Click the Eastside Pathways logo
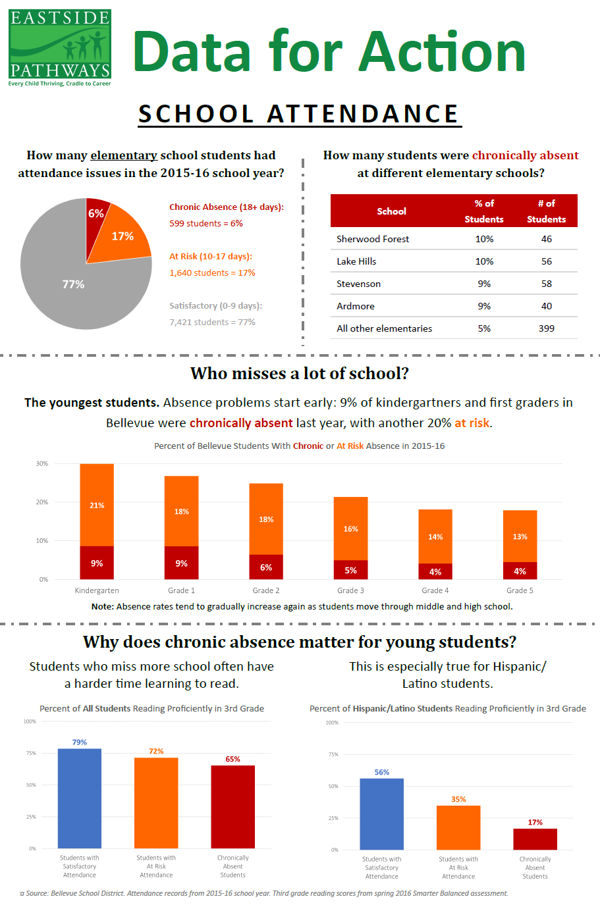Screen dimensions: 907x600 point(59,47)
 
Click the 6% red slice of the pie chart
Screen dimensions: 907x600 point(96,214)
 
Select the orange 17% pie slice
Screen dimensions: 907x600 point(122,236)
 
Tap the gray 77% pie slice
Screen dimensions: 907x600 point(73,284)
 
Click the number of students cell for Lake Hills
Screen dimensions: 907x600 point(546,261)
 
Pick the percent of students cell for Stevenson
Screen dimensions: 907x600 point(484,284)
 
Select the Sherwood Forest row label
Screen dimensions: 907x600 point(373,239)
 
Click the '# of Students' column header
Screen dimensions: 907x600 point(546,211)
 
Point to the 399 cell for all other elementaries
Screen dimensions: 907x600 point(546,328)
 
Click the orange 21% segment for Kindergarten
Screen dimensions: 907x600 point(97,505)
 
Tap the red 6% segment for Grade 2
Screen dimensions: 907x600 point(266,567)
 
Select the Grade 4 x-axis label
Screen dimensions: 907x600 point(435,590)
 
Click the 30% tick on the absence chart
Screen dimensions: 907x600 point(42,463)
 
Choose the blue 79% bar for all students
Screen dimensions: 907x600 point(80,798)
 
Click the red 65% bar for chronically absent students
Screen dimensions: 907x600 point(232,806)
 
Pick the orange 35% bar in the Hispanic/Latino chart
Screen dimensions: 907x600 point(458,827)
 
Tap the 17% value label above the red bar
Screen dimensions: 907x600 point(535,822)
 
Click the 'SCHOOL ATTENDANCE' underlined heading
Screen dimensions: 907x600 point(298,114)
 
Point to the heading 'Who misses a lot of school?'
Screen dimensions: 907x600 point(300,373)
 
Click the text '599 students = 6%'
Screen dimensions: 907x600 point(206,223)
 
